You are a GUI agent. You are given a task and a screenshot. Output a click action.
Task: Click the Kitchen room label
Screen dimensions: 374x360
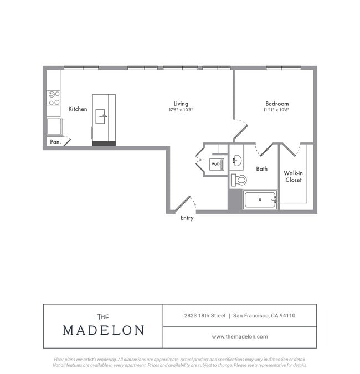[78, 109]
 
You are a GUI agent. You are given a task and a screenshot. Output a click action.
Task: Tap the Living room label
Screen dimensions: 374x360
[181, 104]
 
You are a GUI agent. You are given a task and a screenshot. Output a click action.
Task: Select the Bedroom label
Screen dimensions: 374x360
[276, 104]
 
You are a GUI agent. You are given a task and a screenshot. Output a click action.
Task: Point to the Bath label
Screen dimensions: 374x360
[262, 169]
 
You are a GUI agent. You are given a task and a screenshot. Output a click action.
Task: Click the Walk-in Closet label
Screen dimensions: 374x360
[294, 176]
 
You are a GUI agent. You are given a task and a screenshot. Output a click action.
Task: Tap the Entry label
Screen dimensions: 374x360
[187, 218]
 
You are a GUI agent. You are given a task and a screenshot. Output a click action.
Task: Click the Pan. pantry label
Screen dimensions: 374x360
[55, 142]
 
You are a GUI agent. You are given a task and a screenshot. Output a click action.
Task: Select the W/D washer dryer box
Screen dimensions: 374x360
[215, 164]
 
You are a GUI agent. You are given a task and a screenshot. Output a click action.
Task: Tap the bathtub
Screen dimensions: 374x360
[260, 199]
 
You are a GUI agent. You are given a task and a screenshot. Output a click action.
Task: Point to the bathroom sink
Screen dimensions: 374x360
[236, 161]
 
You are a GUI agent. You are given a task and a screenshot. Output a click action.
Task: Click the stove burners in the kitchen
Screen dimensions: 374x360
[54, 98]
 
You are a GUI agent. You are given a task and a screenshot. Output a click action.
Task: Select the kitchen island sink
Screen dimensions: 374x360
[101, 116]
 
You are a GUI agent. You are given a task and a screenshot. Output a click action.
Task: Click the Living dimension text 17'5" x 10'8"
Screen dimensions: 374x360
[181, 110]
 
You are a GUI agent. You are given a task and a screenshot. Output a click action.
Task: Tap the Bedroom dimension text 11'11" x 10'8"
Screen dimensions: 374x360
[276, 110]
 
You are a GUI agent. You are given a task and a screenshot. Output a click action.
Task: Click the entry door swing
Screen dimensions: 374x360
[185, 203]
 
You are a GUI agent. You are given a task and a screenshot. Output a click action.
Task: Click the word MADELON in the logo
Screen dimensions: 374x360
[104, 330]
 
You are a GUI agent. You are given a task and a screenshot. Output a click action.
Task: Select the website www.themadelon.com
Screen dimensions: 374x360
[240, 336]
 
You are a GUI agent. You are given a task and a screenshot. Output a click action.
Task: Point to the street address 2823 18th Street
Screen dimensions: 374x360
[205, 316]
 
